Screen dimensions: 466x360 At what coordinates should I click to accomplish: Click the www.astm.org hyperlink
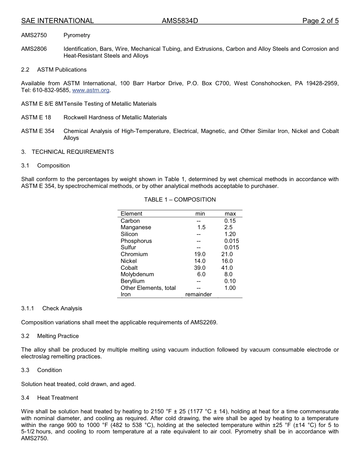[x=91, y=90]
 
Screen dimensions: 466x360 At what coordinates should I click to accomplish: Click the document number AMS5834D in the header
[x=180, y=21]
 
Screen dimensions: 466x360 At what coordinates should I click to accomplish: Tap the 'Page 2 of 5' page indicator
[x=320, y=21]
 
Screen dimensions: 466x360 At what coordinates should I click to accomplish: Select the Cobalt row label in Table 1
[x=129, y=268]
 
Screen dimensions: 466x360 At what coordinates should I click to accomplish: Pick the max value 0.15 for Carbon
[x=230, y=221]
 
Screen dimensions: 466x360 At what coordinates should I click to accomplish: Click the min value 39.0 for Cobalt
[x=200, y=268]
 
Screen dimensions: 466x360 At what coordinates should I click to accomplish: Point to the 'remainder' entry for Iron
[x=198, y=294]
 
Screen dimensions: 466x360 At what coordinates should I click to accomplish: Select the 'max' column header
[x=230, y=214]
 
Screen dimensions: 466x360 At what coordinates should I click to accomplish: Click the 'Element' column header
[x=131, y=214]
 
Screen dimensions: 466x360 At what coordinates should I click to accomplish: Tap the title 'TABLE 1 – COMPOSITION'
[x=180, y=200]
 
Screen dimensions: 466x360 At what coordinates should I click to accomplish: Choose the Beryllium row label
[x=132, y=281]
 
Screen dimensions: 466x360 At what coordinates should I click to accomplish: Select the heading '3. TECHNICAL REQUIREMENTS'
[x=67, y=152]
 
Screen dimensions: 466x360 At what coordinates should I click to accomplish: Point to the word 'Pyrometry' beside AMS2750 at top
[x=77, y=35]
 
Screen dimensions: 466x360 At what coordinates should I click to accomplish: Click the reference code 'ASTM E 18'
[x=36, y=117]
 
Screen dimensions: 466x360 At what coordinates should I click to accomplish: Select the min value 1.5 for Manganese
[x=201, y=227]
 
